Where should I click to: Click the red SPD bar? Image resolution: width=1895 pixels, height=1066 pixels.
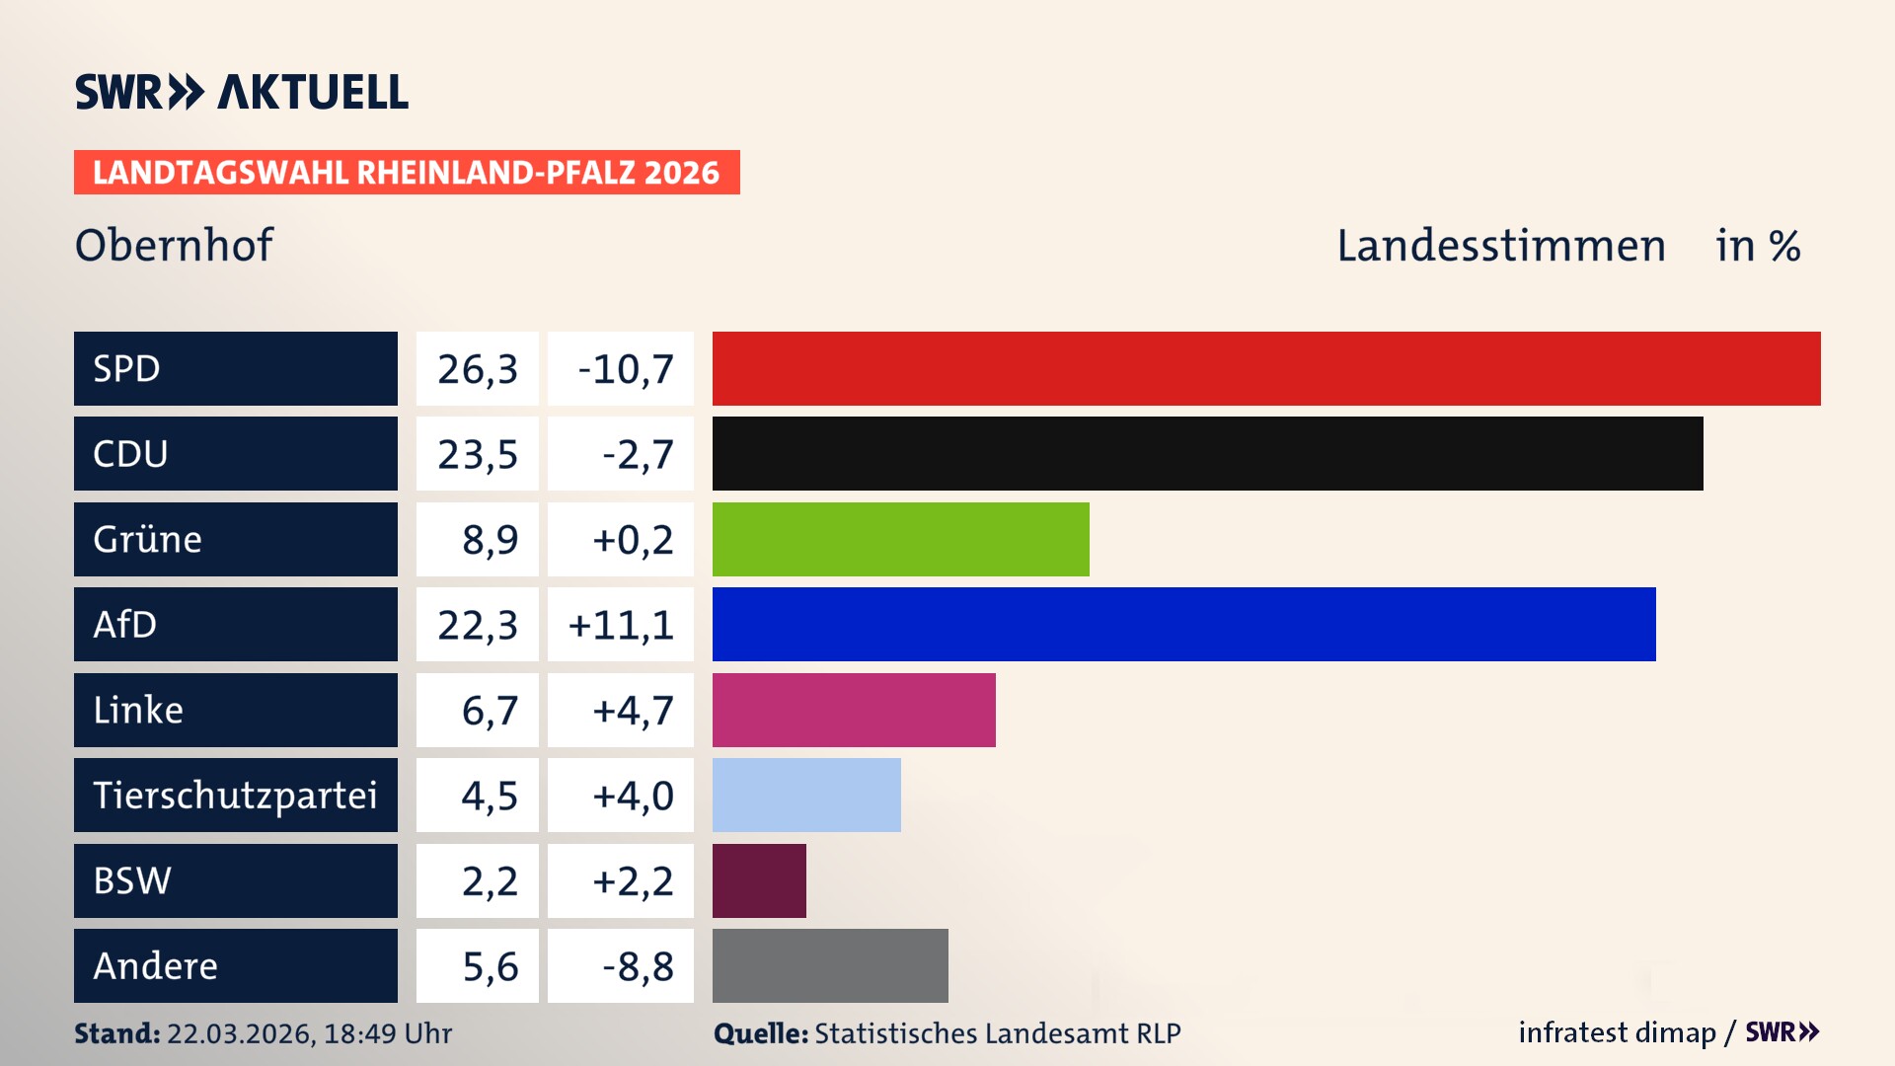[1266, 368]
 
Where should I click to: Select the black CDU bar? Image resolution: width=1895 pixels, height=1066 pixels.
[1207, 453]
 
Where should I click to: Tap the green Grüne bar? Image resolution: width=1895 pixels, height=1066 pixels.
[900, 539]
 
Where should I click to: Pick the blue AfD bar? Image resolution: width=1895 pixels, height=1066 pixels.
[1183, 624]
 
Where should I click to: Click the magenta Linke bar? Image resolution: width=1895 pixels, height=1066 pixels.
[854, 710]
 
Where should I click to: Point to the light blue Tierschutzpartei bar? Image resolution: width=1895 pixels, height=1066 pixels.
[806, 795]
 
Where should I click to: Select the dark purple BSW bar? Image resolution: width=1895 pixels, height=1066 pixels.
[759, 880]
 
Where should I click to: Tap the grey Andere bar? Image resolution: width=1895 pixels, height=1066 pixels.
[830, 965]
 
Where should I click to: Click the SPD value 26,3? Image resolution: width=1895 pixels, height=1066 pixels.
[478, 369]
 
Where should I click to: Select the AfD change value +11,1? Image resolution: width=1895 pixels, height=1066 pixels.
[621, 625]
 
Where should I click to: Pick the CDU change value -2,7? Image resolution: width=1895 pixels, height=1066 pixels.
[637, 454]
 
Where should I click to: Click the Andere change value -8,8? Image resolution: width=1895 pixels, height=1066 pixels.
[637, 966]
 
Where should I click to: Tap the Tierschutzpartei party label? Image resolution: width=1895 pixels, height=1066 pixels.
[235, 795]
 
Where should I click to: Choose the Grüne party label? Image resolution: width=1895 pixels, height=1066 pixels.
[148, 539]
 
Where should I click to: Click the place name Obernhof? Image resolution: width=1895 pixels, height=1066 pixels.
[174, 245]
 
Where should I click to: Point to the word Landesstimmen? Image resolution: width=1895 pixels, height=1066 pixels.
[1500, 246]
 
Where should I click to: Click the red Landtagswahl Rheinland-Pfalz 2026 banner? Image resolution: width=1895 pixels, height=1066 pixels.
[407, 172]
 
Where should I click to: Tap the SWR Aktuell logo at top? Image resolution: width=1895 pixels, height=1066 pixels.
[242, 92]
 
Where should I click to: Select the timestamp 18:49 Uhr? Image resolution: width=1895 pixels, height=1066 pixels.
[387, 1033]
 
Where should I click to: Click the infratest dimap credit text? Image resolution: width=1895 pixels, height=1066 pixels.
[1616, 1032]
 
